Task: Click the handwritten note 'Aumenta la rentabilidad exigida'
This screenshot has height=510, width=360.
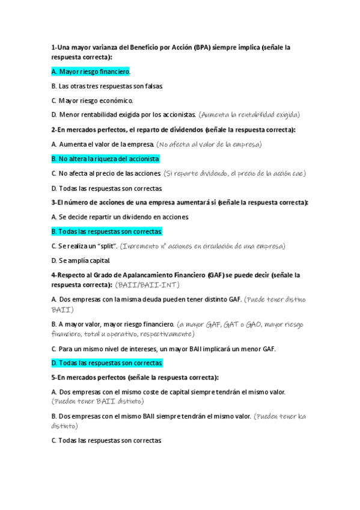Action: point(249,115)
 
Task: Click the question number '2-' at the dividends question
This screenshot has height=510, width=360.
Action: point(54,129)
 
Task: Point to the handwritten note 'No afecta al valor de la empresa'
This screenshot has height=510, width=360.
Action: point(209,144)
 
